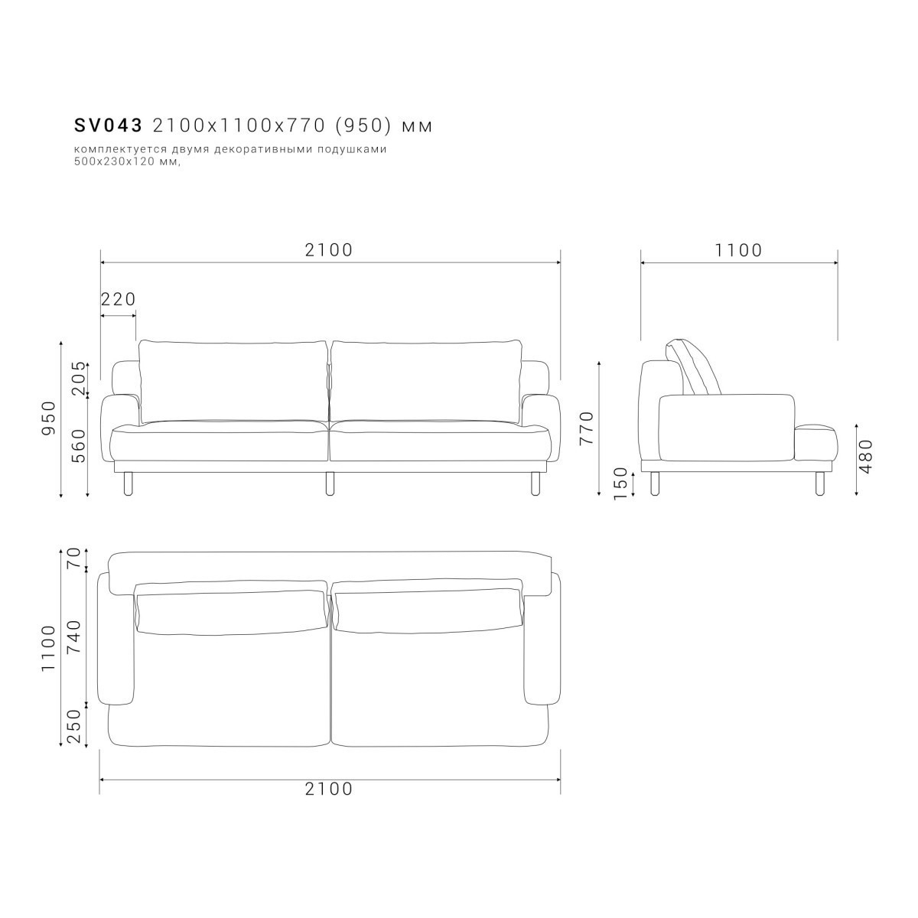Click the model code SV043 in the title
point(108,125)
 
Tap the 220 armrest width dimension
point(119,299)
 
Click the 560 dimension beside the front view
point(79,446)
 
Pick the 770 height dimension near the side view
point(587,428)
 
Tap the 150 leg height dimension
point(621,483)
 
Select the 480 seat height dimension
point(867,457)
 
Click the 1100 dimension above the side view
point(739,250)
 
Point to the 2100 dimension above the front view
point(329,250)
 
